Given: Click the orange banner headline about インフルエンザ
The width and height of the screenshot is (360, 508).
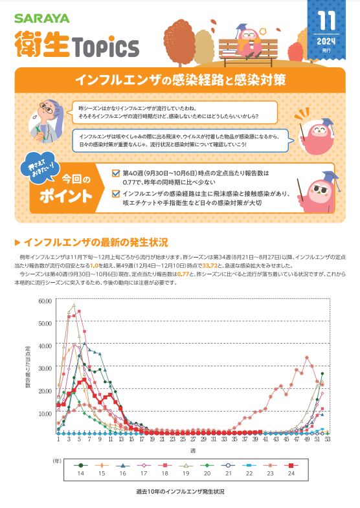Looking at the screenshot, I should click(179, 81).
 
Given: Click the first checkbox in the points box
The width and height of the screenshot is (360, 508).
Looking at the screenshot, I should click(116, 173).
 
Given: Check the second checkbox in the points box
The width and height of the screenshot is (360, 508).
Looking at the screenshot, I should click(116, 192).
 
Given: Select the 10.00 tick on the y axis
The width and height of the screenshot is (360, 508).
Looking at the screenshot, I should click(45, 413).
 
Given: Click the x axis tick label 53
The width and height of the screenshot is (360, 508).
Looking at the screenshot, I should click(328, 439).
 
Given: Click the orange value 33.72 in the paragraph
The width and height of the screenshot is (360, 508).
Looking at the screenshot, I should click(212, 265).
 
